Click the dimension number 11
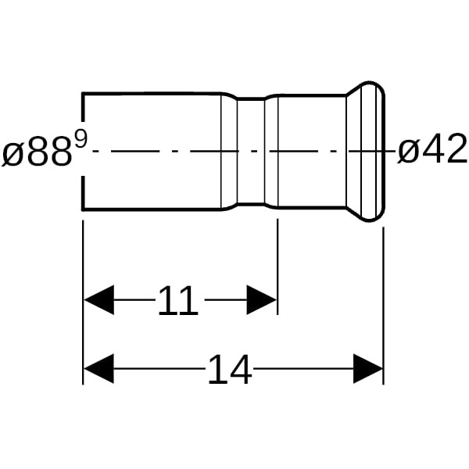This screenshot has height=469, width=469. [x=178, y=300]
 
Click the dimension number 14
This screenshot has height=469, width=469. [x=230, y=369]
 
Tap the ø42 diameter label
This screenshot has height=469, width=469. [x=432, y=149]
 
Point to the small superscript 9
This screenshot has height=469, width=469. [x=81, y=140]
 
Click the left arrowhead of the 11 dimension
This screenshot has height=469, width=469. [x=98, y=299]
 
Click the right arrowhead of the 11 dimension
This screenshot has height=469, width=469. [x=261, y=299]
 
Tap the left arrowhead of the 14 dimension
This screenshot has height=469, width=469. [x=98, y=369]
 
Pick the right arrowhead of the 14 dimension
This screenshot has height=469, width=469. [x=368, y=369]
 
